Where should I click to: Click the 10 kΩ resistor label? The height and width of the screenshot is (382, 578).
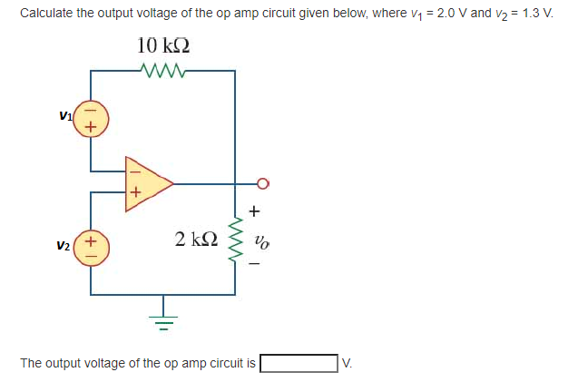click(x=163, y=46)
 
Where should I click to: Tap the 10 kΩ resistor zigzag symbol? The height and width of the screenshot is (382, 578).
click(x=163, y=70)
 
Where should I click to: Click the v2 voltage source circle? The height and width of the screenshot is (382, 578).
click(x=91, y=246)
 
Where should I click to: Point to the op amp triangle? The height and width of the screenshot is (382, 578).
click(x=147, y=182)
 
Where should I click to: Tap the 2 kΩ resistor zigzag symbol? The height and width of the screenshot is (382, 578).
click(x=235, y=240)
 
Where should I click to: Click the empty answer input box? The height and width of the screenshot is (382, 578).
click(x=299, y=364)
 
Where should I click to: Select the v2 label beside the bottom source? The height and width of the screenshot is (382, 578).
click(x=63, y=246)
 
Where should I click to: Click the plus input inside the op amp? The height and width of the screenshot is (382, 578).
click(x=135, y=192)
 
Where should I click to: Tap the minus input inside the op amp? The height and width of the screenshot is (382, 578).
click(x=134, y=169)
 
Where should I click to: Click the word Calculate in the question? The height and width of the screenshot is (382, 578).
click(x=45, y=14)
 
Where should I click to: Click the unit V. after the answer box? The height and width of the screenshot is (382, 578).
click(x=347, y=364)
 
